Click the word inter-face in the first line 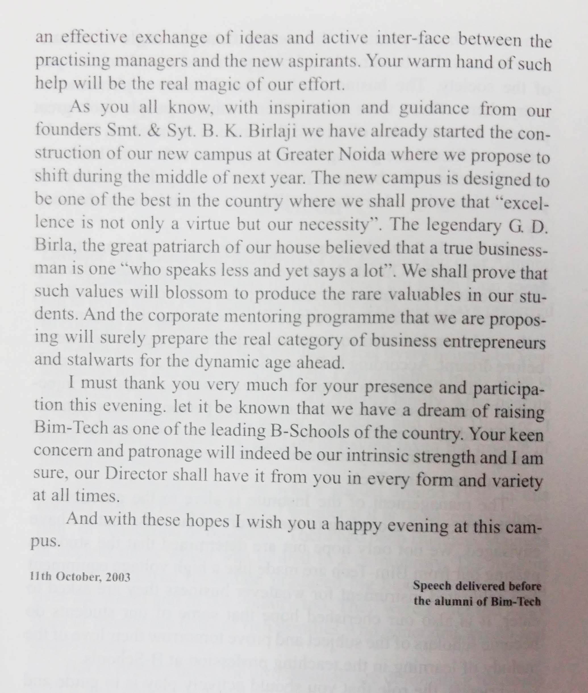(x=414, y=40)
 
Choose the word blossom (x=196, y=293)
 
